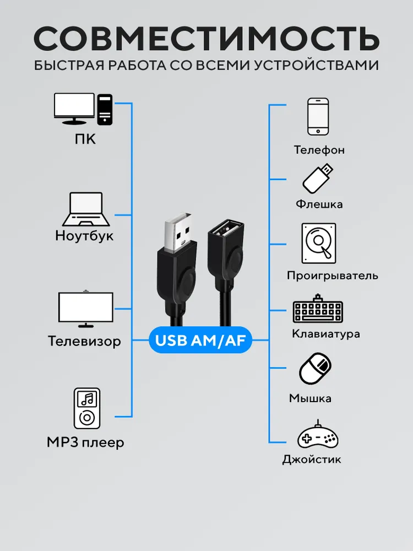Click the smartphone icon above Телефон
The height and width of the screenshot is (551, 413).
pyautogui.click(x=318, y=117)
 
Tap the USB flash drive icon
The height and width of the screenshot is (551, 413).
pyautogui.click(x=318, y=179)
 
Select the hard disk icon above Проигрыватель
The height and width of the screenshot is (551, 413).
pyautogui.click(x=318, y=243)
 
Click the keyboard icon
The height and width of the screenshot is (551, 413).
pyautogui.click(x=318, y=309)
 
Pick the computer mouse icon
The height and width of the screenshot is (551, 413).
pyautogui.click(x=315, y=369)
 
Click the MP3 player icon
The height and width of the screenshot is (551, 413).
pyautogui.click(x=87, y=408)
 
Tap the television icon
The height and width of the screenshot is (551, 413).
pyautogui.click(x=86, y=309)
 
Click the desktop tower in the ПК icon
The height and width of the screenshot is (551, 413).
pyautogui.click(x=105, y=109)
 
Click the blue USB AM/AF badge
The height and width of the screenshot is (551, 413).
pyautogui.click(x=200, y=340)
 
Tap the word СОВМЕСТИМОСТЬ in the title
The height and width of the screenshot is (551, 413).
pyautogui.click(x=206, y=38)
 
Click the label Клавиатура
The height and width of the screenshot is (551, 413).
pyautogui.click(x=326, y=333)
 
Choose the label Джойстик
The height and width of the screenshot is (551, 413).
pyautogui.click(x=312, y=460)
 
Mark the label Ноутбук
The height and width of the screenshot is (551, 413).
pyautogui.click(x=84, y=235)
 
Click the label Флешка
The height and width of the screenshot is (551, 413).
pyautogui.click(x=319, y=204)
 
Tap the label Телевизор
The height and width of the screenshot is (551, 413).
pyautogui.click(x=84, y=341)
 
